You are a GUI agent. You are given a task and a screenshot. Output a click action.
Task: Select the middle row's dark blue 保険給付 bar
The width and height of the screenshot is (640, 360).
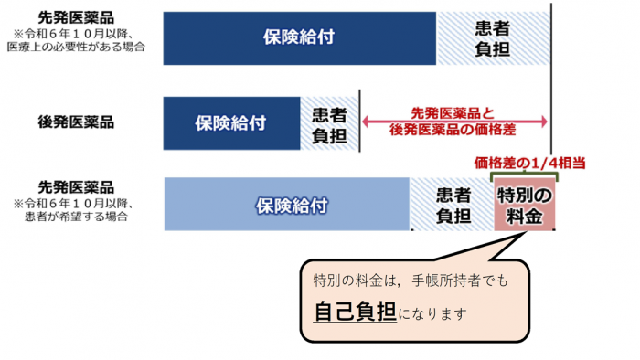[231, 123]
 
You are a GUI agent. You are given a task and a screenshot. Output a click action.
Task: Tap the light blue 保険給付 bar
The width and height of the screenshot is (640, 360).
[286, 205]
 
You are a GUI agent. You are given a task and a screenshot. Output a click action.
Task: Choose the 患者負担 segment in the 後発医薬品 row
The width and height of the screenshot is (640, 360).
[328, 123]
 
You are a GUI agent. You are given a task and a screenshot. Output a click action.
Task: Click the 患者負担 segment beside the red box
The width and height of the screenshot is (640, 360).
[452, 205]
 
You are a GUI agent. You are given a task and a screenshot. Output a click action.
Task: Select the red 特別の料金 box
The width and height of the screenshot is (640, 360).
[524, 205]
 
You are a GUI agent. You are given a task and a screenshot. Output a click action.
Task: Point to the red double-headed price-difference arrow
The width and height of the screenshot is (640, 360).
[455, 122]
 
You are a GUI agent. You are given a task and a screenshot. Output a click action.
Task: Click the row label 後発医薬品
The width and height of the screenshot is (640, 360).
[76, 122]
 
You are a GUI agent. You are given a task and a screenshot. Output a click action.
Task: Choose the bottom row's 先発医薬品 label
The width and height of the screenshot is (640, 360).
[76, 185]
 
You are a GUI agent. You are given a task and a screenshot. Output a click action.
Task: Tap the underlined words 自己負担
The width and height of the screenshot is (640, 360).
[354, 311]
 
